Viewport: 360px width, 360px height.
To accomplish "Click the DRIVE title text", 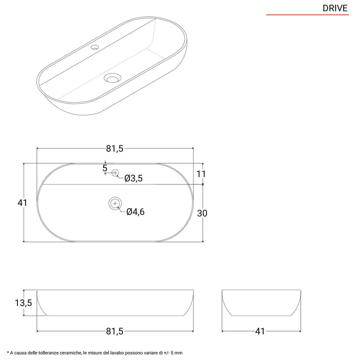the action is [335, 8].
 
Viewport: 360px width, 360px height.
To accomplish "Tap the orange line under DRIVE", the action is [307, 15].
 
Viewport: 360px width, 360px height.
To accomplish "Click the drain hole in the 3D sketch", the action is [112, 78].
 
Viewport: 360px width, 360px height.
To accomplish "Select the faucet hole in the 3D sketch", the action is [94, 47].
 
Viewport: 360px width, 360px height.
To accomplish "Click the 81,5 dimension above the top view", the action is [114, 149].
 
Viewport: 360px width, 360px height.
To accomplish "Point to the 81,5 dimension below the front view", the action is [114, 331].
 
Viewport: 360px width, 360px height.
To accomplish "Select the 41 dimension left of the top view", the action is [22, 203].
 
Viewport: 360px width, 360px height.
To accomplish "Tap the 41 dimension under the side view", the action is [260, 331].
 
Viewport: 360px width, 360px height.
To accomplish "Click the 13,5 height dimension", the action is [24, 303].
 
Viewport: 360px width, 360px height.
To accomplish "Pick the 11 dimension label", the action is [201, 174].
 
